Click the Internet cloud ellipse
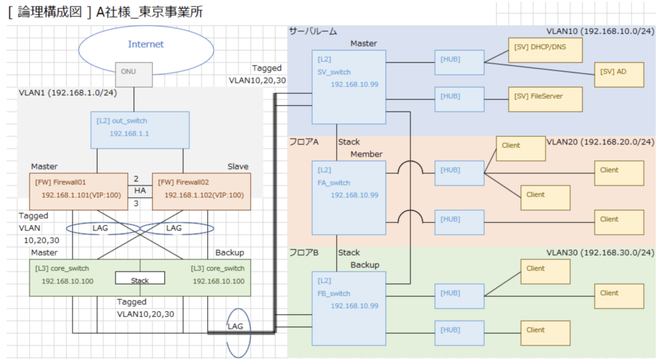click(x=146, y=44)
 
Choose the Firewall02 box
click(x=201, y=191)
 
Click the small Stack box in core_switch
click(x=139, y=280)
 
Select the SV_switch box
click(x=348, y=87)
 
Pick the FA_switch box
click(x=348, y=197)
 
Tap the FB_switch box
click(x=348, y=308)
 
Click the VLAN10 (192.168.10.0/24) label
click(x=600, y=31)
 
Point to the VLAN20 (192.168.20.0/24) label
click(x=600, y=142)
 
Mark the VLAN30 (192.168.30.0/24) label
click(x=600, y=253)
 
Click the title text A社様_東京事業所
click(x=149, y=13)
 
